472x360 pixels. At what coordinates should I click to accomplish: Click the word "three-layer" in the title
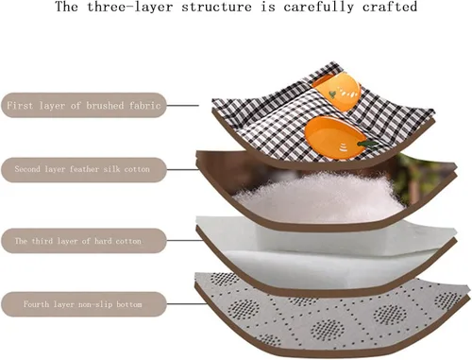(x=130, y=7)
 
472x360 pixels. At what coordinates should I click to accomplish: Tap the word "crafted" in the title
(x=390, y=7)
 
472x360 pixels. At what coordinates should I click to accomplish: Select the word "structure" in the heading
(x=217, y=7)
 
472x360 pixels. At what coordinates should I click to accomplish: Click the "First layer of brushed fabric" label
(x=84, y=105)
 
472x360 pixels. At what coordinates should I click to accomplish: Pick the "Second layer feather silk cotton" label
(x=84, y=169)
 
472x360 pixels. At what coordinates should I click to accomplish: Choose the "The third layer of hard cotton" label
(x=84, y=241)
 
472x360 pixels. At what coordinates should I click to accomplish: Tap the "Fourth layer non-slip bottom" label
(x=84, y=304)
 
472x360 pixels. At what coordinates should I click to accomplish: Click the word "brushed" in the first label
(x=105, y=105)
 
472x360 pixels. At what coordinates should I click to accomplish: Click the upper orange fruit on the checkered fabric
(x=337, y=91)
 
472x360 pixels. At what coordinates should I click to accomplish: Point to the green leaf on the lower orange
(x=367, y=144)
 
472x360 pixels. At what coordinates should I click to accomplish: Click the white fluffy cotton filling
(x=318, y=197)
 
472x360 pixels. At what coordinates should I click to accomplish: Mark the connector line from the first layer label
(x=182, y=106)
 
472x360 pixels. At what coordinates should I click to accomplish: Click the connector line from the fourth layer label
(x=186, y=304)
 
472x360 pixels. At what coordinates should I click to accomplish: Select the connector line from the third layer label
(x=185, y=241)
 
